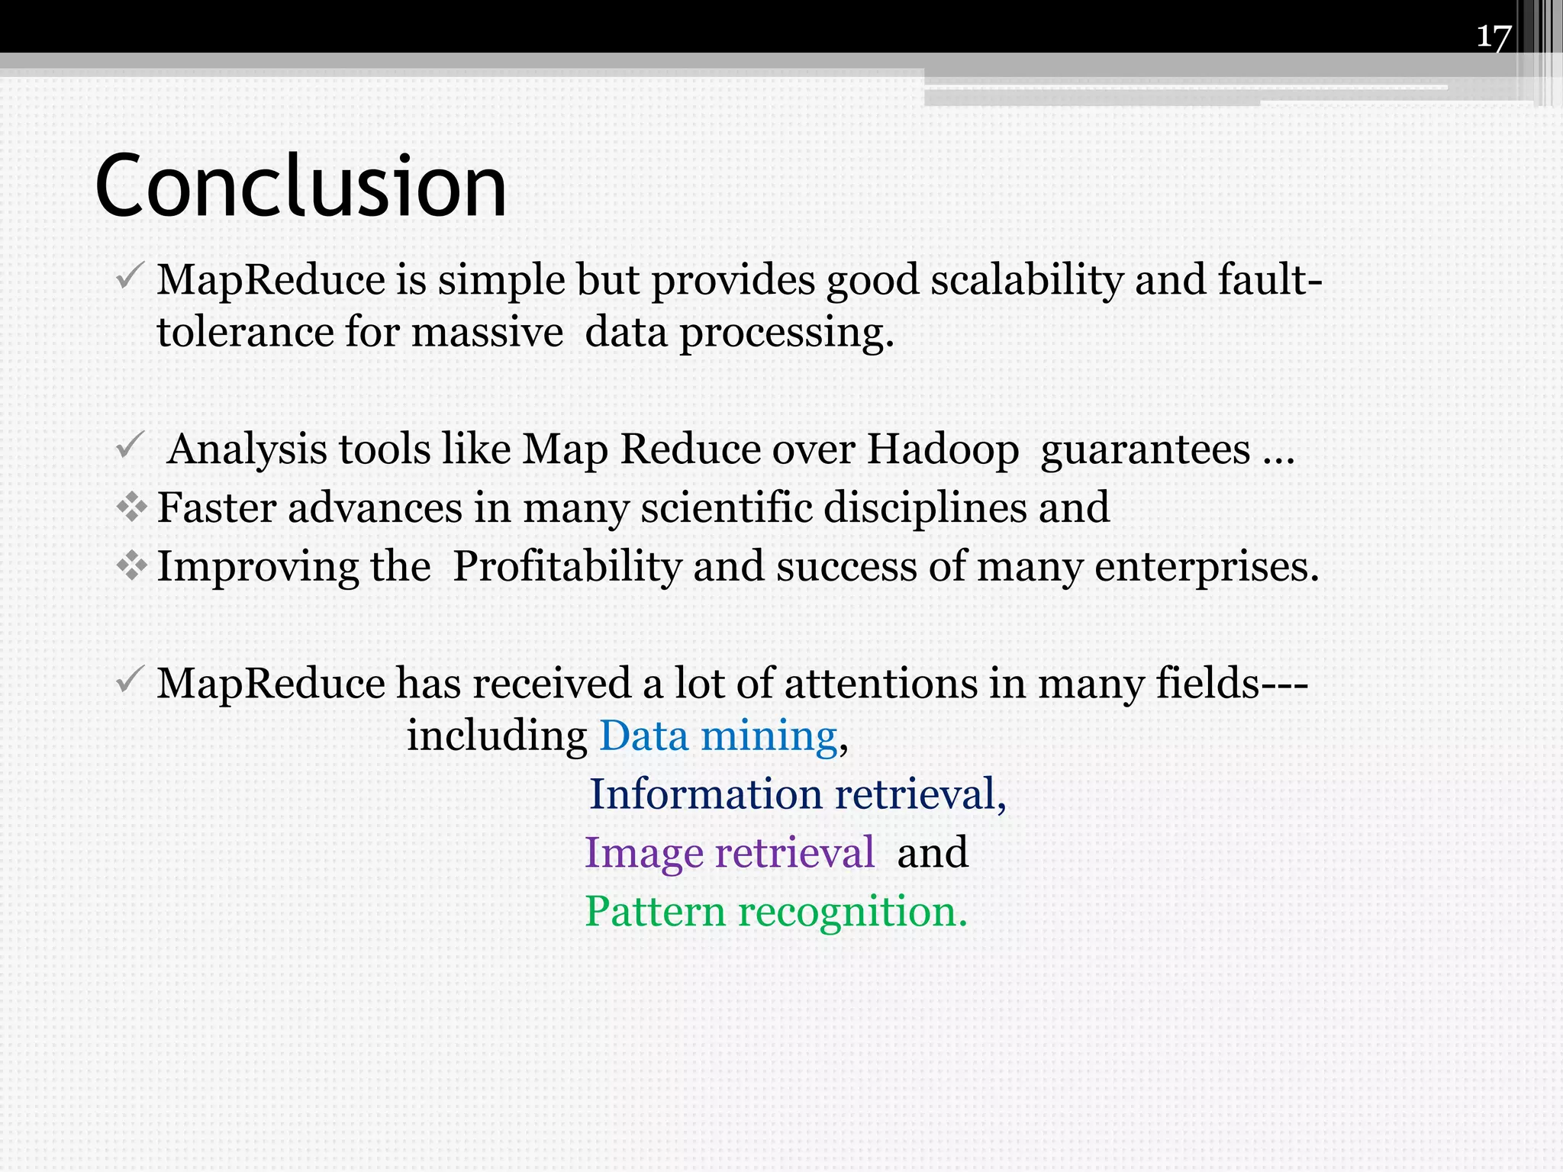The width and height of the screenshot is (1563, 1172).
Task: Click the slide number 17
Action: (x=1494, y=36)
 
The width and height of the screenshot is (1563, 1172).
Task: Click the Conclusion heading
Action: (x=301, y=185)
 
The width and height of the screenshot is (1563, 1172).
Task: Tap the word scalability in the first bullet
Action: (x=1026, y=279)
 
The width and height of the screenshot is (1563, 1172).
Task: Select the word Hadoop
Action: (x=943, y=449)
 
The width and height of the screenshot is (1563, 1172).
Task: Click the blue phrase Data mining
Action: (x=718, y=736)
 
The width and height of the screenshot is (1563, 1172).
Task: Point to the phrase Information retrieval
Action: (x=798, y=794)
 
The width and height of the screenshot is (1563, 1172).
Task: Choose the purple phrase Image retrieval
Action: (x=729, y=852)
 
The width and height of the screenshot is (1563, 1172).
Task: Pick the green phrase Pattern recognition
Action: (x=775, y=911)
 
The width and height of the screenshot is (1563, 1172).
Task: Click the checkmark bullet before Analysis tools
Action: (x=129, y=445)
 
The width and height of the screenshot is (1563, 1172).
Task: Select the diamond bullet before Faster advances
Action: (x=131, y=507)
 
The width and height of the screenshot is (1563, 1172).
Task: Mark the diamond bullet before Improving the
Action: (x=131, y=566)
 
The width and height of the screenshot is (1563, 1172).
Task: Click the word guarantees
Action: (x=1146, y=449)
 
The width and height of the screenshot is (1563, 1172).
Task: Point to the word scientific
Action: (x=726, y=507)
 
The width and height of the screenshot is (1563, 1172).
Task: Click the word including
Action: (x=496, y=736)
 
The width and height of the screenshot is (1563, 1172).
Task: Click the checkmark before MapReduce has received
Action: (x=129, y=678)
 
